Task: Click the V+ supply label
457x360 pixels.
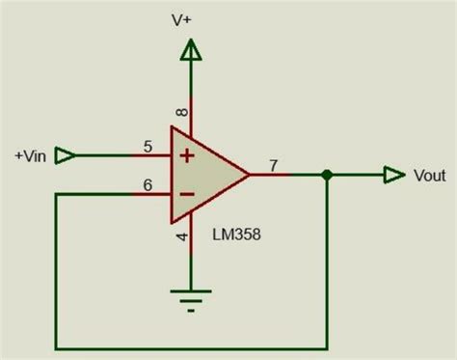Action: click(x=181, y=20)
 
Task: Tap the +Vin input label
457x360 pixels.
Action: click(x=31, y=156)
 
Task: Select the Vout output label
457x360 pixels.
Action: click(x=430, y=176)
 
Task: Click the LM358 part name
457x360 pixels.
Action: click(x=236, y=235)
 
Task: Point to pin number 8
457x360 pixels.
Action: click(x=182, y=112)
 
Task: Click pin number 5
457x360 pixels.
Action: click(x=148, y=147)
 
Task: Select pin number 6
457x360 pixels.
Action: click(x=148, y=185)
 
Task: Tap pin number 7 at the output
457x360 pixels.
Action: click(x=273, y=166)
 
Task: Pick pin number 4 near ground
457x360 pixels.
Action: click(x=182, y=237)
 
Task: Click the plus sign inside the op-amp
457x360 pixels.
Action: click(x=187, y=156)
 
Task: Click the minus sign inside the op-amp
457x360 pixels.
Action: click(x=187, y=194)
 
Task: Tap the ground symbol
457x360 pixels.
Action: click(x=191, y=301)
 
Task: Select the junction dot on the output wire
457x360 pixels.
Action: click(x=327, y=175)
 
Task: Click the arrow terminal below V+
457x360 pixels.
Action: click(x=191, y=50)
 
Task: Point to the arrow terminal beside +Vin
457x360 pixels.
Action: click(x=66, y=155)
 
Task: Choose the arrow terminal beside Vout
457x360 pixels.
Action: click(x=394, y=175)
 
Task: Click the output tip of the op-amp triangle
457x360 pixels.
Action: click(x=250, y=175)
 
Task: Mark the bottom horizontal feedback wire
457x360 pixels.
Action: click(x=192, y=348)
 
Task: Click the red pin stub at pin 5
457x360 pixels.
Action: click(x=151, y=155)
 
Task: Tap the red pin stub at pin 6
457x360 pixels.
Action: click(x=151, y=194)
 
